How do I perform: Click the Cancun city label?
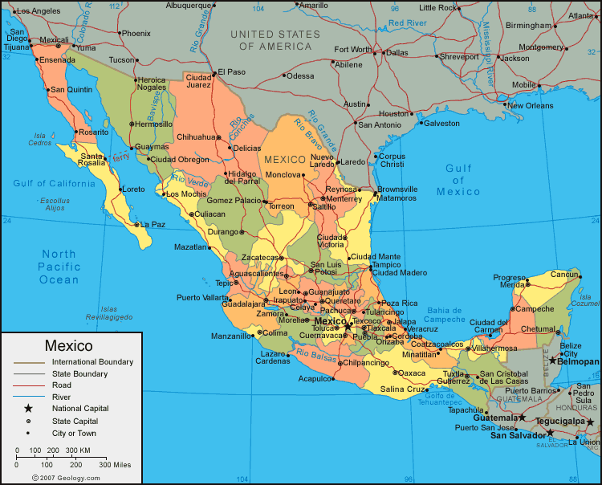coord(565,275)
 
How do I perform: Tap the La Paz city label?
coord(153,225)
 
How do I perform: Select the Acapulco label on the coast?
coord(315,378)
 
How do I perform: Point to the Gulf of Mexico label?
coord(459,180)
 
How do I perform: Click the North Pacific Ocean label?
coord(59,267)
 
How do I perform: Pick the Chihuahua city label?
coord(196,137)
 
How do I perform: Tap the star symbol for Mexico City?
coord(348,326)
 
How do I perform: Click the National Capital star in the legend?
coord(29,409)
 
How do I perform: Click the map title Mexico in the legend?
coord(69,346)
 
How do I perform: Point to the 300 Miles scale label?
coord(115,465)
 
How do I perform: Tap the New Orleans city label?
coord(530,106)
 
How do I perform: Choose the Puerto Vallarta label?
coord(202,298)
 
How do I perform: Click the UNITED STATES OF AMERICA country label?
coord(275,40)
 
